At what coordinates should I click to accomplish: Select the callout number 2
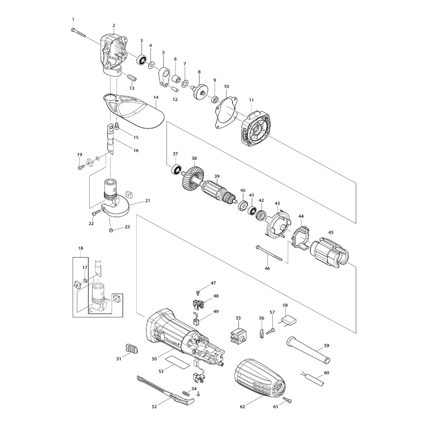pyautogui.click(x=114, y=25)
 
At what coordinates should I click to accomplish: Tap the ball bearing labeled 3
pyautogui.click(x=141, y=59)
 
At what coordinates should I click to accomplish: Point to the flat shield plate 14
pyautogui.click(x=137, y=111)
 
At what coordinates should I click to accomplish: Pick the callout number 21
pyautogui.click(x=148, y=201)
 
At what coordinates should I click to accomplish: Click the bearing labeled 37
pyautogui.click(x=175, y=170)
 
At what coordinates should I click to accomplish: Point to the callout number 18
pyautogui.click(x=81, y=248)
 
